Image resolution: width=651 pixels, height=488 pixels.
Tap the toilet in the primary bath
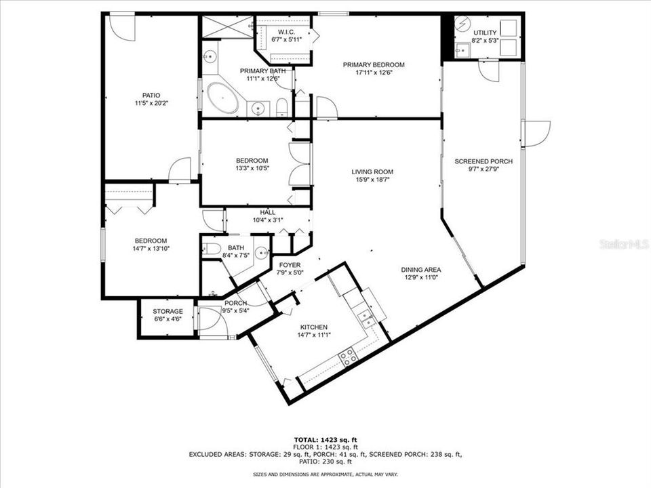click(281, 107)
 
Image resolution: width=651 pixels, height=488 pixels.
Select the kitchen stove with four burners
click(349, 357)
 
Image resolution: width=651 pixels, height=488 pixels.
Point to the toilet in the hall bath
click(210, 248)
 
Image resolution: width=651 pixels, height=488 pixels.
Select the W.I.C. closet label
click(285, 32)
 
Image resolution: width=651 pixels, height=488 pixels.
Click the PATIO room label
click(151, 96)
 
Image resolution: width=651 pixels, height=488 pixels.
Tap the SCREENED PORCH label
click(483, 161)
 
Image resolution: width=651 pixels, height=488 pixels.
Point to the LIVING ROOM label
click(372, 172)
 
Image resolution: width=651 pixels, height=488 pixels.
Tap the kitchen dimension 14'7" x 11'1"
click(313, 335)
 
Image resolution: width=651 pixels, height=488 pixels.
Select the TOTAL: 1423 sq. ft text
click(325, 439)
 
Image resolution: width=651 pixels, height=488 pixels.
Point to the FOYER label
click(290, 264)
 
